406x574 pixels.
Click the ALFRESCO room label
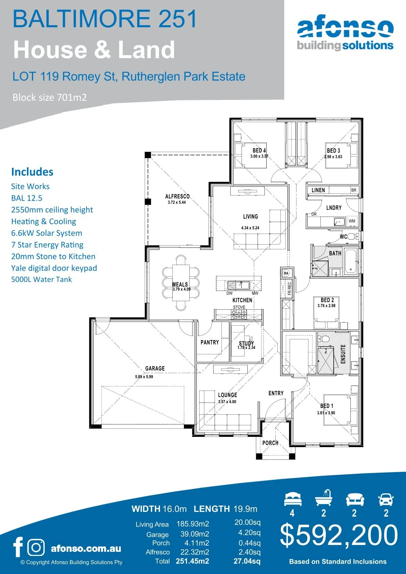pos(177,196)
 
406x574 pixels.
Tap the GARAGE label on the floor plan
pos(155,368)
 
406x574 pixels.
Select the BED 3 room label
pos(333,150)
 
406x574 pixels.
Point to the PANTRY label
pos(209,342)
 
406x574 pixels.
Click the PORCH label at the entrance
pos(270,443)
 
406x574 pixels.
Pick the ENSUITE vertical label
pos(343,354)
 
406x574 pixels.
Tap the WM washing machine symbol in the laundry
pos(352,221)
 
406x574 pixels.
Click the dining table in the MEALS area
pos(180,283)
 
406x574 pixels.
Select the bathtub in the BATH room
pos(351,262)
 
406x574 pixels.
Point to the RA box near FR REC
pos(286,273)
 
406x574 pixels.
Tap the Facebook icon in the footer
pos(18,547)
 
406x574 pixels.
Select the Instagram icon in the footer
pos(36,547)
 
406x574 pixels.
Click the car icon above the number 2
pos(386,500)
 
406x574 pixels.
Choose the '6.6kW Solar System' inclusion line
pos(47,233)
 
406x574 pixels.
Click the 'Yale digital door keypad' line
pos(54,268)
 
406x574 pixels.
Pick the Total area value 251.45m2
pos(192,561)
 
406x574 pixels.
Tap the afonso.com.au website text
pos(86,548)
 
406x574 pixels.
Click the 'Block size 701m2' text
pos(49,98)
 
